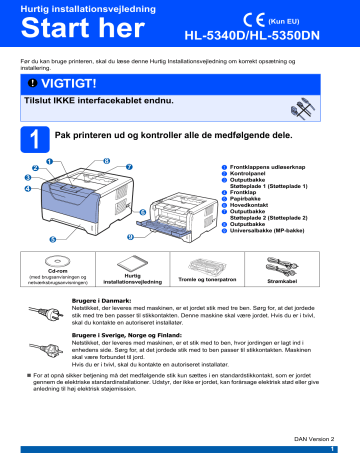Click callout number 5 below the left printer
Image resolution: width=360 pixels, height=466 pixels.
point(51,240)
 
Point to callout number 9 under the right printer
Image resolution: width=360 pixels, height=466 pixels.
point(158,236)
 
